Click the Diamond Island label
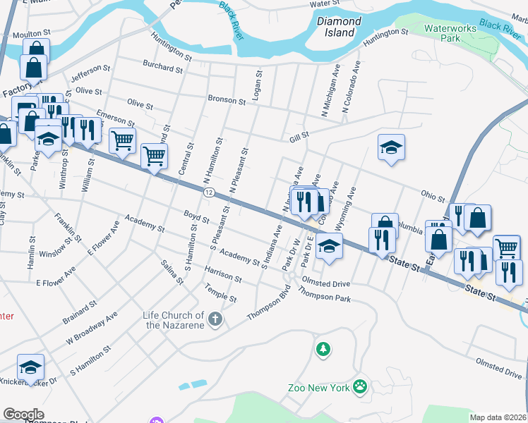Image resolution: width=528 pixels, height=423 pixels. [339, 27]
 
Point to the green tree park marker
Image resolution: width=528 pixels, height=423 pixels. [323, 348]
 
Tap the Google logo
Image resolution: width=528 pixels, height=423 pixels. [23, 414]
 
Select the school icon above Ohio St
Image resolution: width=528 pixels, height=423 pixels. [391, 147]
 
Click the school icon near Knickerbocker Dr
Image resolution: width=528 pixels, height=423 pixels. [30, 367]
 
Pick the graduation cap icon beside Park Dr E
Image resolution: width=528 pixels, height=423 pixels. [329, 246]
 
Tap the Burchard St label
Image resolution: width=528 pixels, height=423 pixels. [162, 68]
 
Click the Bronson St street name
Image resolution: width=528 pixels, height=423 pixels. [226, 100]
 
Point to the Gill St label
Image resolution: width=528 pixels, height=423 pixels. [299, 135]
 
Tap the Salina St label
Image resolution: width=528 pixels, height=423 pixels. [172, 271]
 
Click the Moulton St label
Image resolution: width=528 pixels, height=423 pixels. [32, 33]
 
